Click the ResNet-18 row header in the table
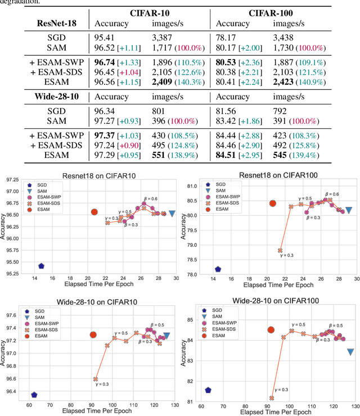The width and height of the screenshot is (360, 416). point(57,24)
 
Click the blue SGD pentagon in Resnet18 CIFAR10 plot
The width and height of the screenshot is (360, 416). point(41,266)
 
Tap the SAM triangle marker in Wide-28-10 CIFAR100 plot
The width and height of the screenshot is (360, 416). point(350,352)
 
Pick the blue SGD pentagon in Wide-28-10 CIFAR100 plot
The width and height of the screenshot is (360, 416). point(208,390)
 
